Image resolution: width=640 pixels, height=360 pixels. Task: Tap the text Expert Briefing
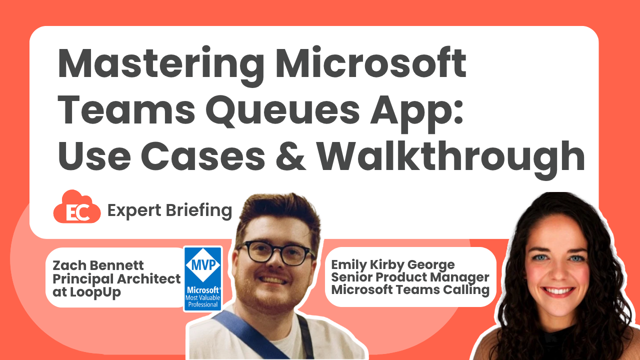(x=169, y=210)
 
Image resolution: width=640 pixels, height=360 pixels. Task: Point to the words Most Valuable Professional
(x=203, y=300)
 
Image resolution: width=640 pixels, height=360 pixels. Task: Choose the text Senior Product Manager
(x=410, y=277)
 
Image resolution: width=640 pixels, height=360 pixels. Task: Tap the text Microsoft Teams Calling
(x=410, y=289)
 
